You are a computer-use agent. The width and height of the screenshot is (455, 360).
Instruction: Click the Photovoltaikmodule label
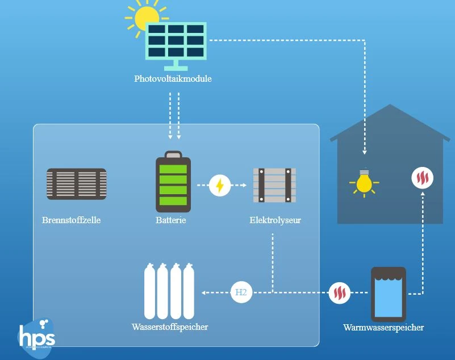tap(173, 79)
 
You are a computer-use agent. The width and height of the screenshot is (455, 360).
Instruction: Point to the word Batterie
tap(171, 220)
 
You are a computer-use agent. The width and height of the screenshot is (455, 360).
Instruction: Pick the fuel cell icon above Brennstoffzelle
tap(76, 184)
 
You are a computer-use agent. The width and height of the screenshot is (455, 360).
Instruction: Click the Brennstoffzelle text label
tap(71, 220)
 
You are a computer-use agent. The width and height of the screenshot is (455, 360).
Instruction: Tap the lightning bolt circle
tap(220, 185)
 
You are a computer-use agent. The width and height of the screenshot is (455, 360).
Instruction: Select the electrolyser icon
tap(274, 185)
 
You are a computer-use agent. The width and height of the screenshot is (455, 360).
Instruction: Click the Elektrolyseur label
tap(275, 220)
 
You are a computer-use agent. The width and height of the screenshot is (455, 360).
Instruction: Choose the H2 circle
tap(241, 292)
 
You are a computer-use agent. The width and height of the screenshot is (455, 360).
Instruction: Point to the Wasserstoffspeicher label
tap(169, 327)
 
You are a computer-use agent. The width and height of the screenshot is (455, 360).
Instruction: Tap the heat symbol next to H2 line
tap(340, 293)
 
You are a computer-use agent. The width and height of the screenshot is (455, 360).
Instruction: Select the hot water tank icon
tap(389, 294)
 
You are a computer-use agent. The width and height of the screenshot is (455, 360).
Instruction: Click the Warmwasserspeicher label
tap(383, 328)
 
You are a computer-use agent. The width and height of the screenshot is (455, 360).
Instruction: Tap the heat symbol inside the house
tap(422, 178)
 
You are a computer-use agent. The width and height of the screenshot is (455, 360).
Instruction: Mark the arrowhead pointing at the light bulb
tap(364, 153)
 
